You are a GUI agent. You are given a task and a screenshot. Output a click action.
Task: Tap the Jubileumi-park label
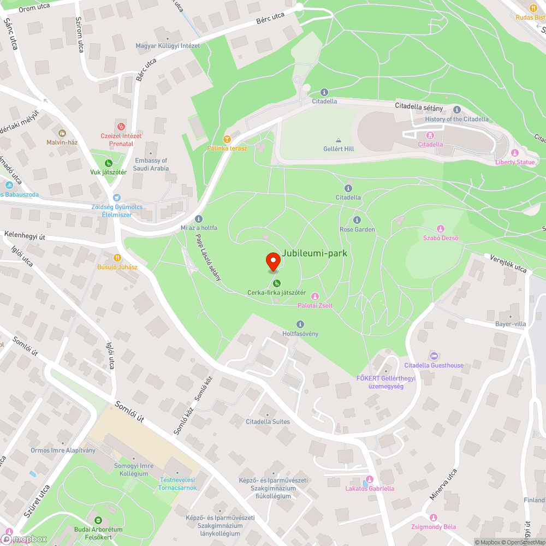point(314,253)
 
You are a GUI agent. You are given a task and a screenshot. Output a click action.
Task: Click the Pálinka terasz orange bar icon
point(227,139)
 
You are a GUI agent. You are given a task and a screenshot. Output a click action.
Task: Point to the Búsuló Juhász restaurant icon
point(117,258)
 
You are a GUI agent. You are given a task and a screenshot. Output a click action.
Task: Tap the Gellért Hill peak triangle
point(339,140)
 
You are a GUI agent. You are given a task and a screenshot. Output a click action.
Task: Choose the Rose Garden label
point(357,229)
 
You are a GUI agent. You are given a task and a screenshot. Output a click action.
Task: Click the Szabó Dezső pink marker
point(441,228)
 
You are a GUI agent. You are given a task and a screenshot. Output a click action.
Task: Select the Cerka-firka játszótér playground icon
point(277,283)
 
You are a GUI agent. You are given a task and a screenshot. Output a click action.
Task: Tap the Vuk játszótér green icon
point(108,163)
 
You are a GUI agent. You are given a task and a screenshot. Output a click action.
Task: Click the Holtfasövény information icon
point(300,324)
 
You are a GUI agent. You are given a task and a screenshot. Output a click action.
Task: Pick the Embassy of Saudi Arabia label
point(151,164)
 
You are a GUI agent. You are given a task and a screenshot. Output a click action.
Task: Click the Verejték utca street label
point(508,264)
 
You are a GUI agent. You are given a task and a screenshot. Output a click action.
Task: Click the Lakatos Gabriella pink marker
point(370,479)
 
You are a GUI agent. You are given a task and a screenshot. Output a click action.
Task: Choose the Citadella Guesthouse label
point(434,365)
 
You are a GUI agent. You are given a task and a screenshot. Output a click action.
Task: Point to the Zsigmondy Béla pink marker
point(434,518)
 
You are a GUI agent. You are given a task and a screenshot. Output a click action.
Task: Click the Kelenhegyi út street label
point(25,235)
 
